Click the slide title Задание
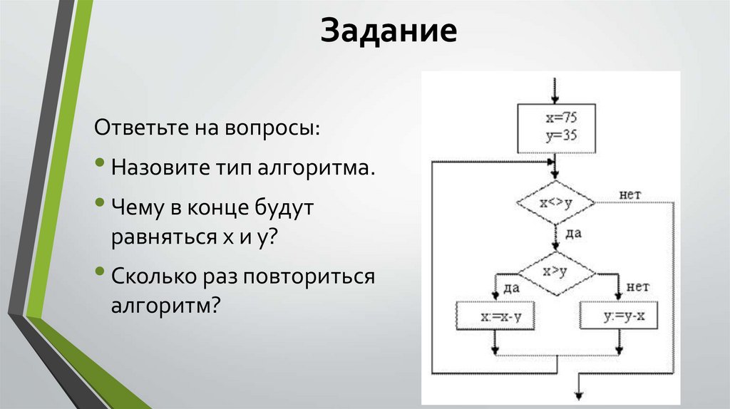point(388,32)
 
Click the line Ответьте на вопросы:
point(207,131)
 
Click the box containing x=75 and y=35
point(555,128)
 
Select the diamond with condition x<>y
point(555,203)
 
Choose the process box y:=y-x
point(617,316)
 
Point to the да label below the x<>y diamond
point(571,233)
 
